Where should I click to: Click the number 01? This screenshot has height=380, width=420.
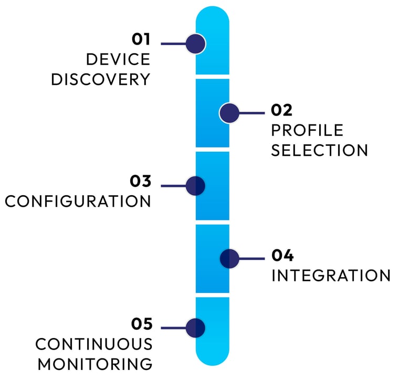tap(141, 39)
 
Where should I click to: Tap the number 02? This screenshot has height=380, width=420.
tap(281, 110)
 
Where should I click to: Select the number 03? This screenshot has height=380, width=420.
tap(141, 182)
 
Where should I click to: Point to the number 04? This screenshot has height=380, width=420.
tap(282, 256)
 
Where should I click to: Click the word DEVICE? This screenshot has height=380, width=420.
tap(118, 59)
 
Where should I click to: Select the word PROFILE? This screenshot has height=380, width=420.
tap(307, 130)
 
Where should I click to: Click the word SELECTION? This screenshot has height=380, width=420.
tap(320, 150)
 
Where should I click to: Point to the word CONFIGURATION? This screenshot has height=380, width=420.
tap(78, 202)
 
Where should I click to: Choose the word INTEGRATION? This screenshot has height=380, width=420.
tap(331, 276)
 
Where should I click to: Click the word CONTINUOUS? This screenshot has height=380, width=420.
tap(94, 344)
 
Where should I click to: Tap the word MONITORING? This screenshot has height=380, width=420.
tap(95, 364)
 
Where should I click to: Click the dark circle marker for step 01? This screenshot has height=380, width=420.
tap(195, 44)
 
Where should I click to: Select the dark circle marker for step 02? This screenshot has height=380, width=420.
tap(229, 113)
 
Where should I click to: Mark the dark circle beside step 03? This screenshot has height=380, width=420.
tap(195, 185)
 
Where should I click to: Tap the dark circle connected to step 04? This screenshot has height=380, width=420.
tap(229, 258)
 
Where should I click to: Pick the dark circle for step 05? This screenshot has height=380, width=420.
tap(195, 328)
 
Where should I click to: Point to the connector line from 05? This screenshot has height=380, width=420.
tap(173, 328)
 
